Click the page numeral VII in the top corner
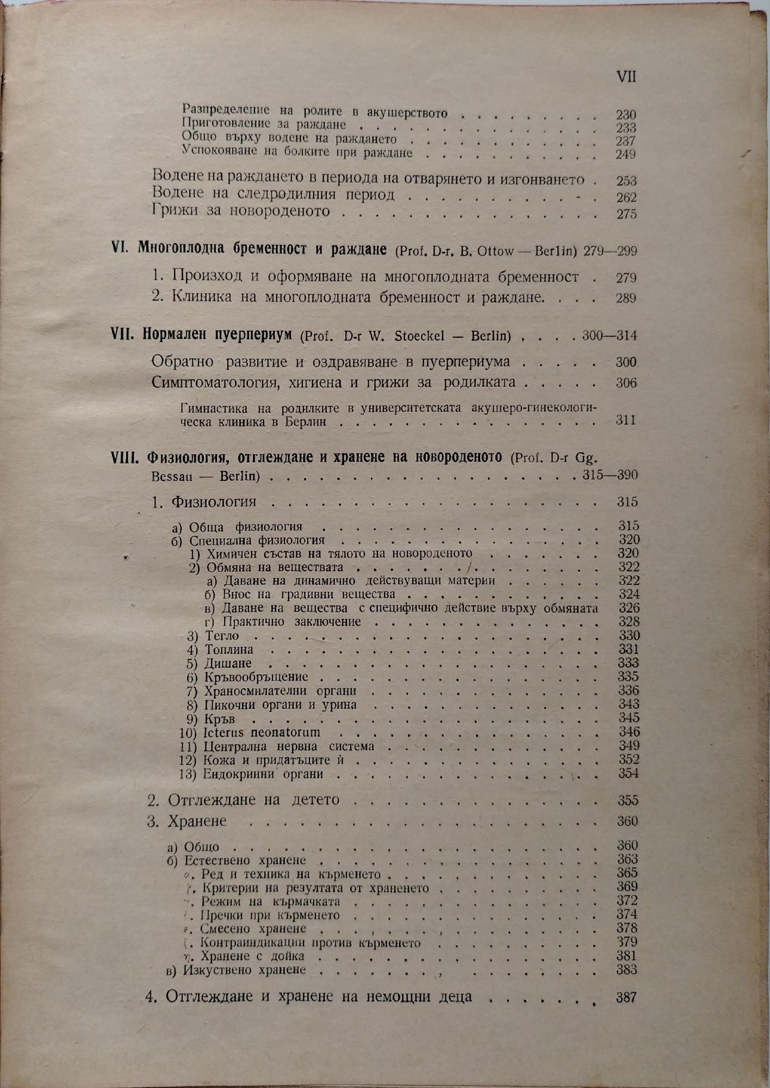click(626, 77)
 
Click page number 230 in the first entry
click(626, 115)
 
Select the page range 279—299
click(610, 251)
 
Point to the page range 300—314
click(609, 336)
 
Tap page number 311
click(626, 421)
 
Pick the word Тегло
click(222, 635)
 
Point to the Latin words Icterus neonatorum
click(262, 732)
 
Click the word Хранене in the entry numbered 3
click(197, 821)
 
